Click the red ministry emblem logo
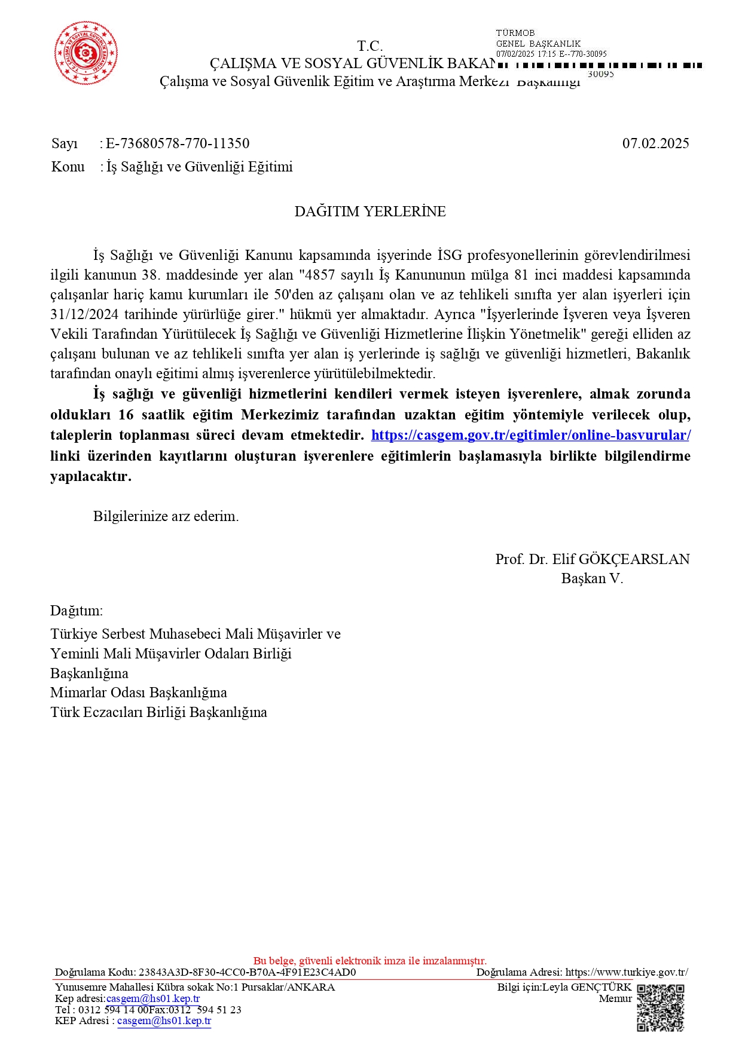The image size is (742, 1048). [x=86, y=53]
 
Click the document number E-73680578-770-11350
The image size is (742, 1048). [x=178, y=143]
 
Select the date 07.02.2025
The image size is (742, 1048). [x=655, y=143]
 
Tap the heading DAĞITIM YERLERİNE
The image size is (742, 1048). [x=370, y=212]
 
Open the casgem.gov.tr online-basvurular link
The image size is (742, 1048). [x=530, y=435]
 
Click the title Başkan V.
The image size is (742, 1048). [x=592, y=578]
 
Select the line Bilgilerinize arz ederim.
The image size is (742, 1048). [x=166, y=516]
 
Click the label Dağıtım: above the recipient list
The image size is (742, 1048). [x=77, y=611]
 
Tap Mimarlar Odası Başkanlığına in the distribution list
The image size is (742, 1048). [x=139, y=692]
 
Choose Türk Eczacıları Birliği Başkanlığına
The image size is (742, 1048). [x=158, y=712]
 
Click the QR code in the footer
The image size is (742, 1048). [x=660, y=1008]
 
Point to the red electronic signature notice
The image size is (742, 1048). [x=370, y=961]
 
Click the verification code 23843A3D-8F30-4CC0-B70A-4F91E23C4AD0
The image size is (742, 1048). [x=247, y=972]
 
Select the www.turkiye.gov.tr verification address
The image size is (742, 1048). [x=626, y=972]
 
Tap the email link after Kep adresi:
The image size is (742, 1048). [x=153, y=998]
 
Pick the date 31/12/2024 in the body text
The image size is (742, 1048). [x=84, y=314]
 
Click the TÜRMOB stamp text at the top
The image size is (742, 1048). [x=515, y=33]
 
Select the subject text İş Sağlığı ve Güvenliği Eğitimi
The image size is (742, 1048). [x=200, y=167]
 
